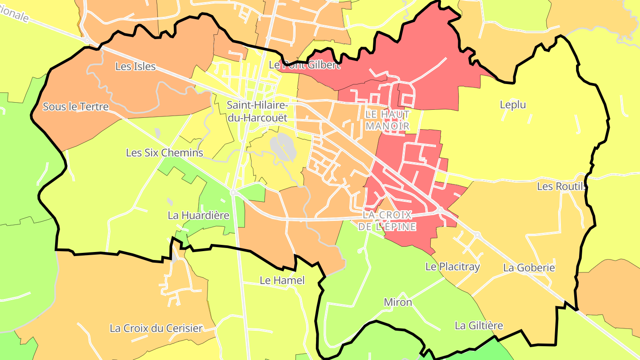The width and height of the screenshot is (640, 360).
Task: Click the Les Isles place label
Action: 135,67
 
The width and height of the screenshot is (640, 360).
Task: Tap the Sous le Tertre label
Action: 76,107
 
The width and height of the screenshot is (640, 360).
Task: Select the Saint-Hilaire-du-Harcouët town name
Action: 257,112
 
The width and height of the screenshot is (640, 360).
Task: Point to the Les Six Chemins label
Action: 164,153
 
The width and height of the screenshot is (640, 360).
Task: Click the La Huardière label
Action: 198,216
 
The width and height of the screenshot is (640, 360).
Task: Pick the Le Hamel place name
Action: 282,280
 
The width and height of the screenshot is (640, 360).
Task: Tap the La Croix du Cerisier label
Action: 156,328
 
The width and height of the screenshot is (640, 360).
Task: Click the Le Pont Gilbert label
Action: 305,65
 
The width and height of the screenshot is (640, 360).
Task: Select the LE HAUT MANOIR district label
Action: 387,120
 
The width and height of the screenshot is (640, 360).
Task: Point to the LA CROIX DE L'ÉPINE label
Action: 388,220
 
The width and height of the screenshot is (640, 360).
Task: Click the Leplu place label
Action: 512,105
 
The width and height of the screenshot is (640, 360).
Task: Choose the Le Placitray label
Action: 452,267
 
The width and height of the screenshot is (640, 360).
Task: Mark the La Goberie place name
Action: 529,268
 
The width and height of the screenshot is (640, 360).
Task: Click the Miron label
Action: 398,302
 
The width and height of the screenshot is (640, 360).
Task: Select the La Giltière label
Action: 479,326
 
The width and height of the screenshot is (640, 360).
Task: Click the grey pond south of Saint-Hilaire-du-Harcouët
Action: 283,147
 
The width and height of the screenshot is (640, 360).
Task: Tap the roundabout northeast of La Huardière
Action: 232,192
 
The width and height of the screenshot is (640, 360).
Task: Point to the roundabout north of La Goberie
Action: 477,234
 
